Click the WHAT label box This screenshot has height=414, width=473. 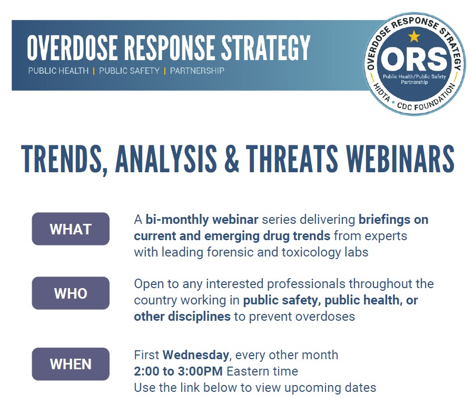pyautogui.click(x=71, y=229)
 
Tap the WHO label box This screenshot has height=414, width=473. pyautogui.click(x=71, y=293)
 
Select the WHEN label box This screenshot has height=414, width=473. pyautogui.click(x=71, y=364)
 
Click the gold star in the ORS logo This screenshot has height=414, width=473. pyautogui.click(x=414, y=36)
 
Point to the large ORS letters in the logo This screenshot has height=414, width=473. pyautogui.click(x=414, y=59)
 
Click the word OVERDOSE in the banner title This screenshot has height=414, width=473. pyautogui.click(x=72, y=47)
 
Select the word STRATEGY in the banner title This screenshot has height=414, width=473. pyautogui.click(x=266, y=47)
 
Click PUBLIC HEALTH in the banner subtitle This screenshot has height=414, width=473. pyautogui.click(x=58, y=71)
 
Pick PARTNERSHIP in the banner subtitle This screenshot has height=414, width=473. pyautogui.click(x=197, y=71)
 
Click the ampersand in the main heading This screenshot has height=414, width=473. pyautogui.click(x=232, y=159)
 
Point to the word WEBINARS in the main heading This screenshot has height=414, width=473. pyautogui.click(x=400, y=159)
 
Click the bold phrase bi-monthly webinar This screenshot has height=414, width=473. pyautogui.click(x=202, y=220)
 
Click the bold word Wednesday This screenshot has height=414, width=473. pyautogui.click(x=196, y=355)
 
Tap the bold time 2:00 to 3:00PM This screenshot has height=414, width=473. pyautogui.click(x=178, y=371)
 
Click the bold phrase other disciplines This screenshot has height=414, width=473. pyautogui.click(x=182, y=317)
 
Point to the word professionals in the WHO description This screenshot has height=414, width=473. pyautogui.click(x=306, y=284)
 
